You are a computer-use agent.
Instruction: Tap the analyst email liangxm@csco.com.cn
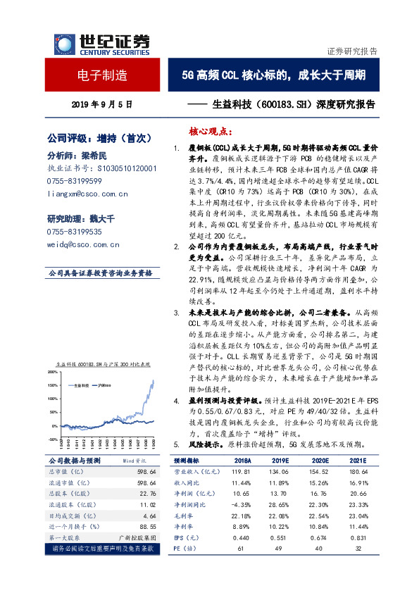(86, 193)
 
